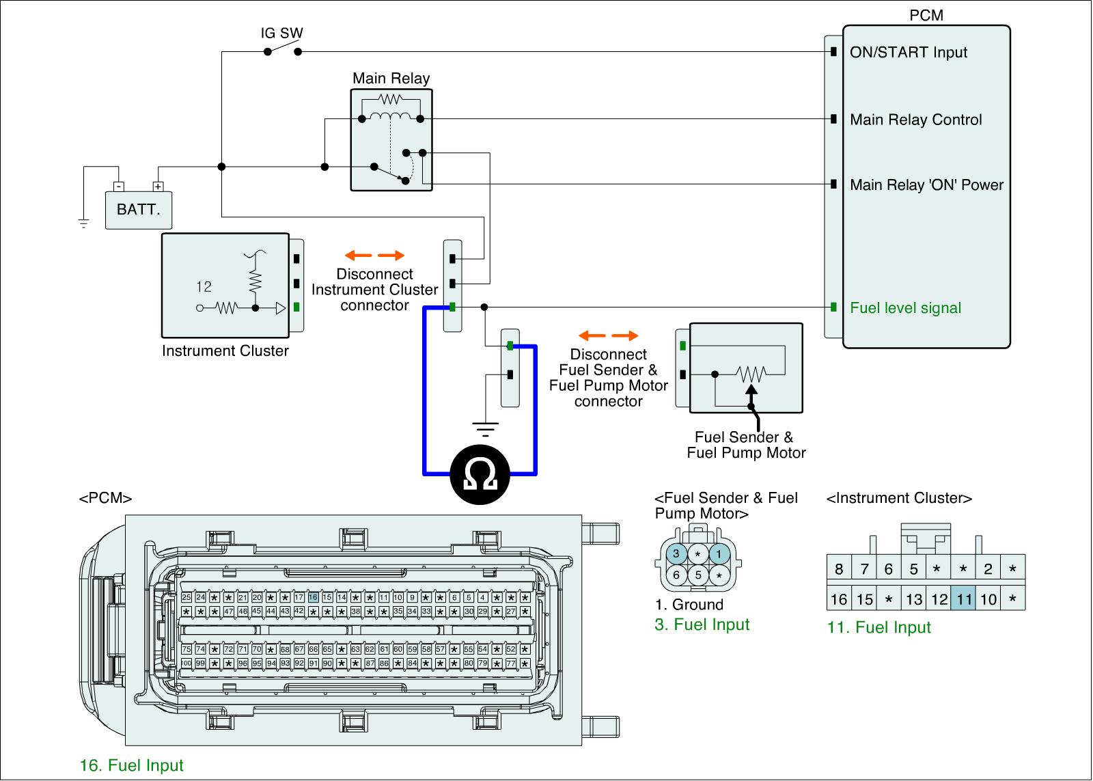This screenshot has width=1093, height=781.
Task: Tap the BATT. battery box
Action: click(x=139, y=209)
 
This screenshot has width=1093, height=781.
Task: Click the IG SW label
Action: click(x=281, y=33)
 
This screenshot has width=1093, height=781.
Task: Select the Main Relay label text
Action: click(x=391, y=78)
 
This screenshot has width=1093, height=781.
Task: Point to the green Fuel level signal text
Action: click(x=905, y=307)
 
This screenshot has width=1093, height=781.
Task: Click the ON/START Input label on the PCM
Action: click(x=909, y=53)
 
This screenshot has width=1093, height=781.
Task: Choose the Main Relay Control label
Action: click(x=915, y=120)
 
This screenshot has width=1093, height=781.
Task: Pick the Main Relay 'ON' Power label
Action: click(x=926, y=184)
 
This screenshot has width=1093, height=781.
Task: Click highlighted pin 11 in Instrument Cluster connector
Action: click(x=963, y=599)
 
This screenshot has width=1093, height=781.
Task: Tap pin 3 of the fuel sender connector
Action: click(x=676, y=553)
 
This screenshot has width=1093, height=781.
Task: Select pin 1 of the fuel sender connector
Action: click(x=719, y=553)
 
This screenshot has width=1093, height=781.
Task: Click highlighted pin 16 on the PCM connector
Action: click(x=313, y=597)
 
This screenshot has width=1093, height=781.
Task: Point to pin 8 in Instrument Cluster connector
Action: click(x=839, y=568)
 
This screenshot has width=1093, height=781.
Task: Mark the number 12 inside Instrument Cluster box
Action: click(x=204, y=287)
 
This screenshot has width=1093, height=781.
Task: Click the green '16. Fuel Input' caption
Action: click(x=132, y=765)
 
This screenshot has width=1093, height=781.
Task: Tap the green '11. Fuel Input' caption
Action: click(x=879, y=627)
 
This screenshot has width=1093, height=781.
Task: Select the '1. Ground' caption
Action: click(x=689, y=605)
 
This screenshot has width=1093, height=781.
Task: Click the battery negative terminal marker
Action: click(x=119, y=186)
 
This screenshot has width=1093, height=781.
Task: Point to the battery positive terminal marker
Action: click(x=158, y=186)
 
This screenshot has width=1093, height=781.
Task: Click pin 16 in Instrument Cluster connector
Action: click(x=839, y=599)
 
